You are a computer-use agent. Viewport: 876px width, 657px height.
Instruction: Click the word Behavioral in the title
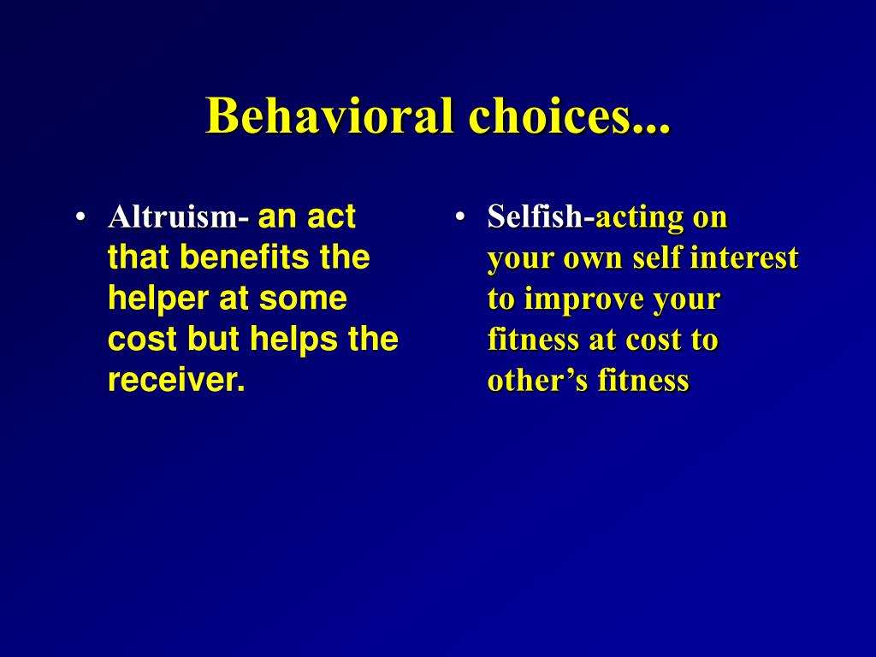pos(329,115)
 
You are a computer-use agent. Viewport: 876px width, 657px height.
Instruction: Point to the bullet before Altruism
pos(81,216)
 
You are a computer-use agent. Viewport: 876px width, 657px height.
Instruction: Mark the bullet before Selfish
pos(460,216)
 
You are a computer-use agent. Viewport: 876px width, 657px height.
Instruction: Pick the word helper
pos(158,299)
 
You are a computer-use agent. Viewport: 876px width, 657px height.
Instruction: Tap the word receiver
pos(176,380)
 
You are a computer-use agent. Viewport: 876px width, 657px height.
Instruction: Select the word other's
pos(537,380)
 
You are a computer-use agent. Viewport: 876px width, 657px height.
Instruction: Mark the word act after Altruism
pos(331,216)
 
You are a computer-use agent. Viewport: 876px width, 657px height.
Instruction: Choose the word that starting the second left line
pos(139,257)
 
